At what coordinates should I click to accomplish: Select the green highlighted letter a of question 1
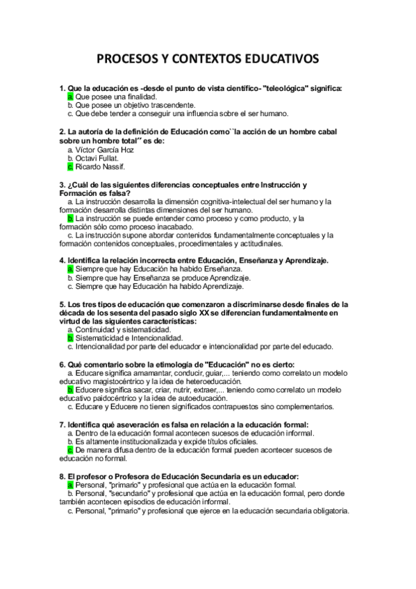[70, 97]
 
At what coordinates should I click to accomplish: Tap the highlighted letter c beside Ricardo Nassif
[70, 166]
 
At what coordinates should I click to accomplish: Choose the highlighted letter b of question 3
[70, 218]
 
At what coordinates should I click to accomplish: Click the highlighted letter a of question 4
[70, 268]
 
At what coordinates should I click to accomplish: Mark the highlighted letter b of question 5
[70, 338]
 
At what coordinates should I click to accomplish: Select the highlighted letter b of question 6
[70, 390]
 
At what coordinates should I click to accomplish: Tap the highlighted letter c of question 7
[70, 450]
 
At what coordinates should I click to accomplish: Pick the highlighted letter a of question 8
[70, 486]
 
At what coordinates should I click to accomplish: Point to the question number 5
[63, 304]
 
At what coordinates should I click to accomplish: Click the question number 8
[63, 476]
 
